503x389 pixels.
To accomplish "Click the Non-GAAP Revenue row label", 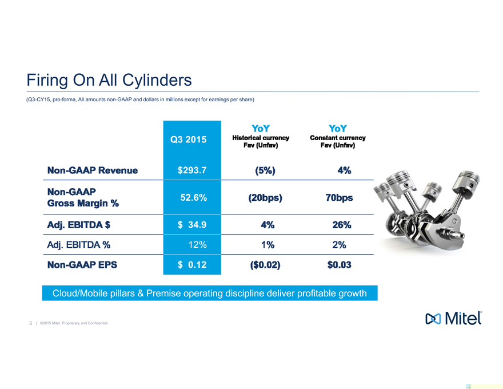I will pos(93,170).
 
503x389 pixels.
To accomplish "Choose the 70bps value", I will pos(339,197).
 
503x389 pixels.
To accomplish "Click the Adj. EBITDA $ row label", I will pos(79,225).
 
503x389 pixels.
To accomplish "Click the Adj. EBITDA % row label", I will pos(79,245).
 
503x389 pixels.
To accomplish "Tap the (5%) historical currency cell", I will pos(265,170).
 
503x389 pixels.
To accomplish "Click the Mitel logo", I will pos(452,319).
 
